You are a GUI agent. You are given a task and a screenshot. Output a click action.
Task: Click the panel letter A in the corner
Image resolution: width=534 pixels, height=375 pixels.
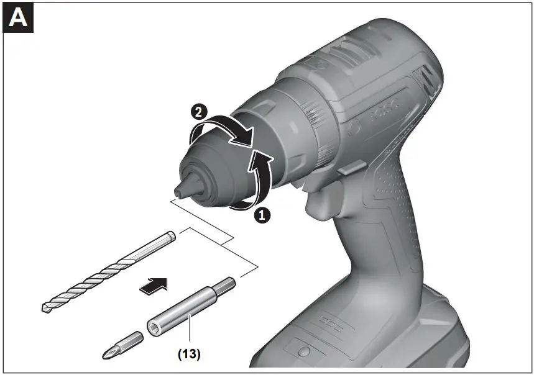[x=18, y=17]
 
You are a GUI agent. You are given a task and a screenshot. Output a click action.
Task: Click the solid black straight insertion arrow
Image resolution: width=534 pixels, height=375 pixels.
[x=154, y=286]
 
